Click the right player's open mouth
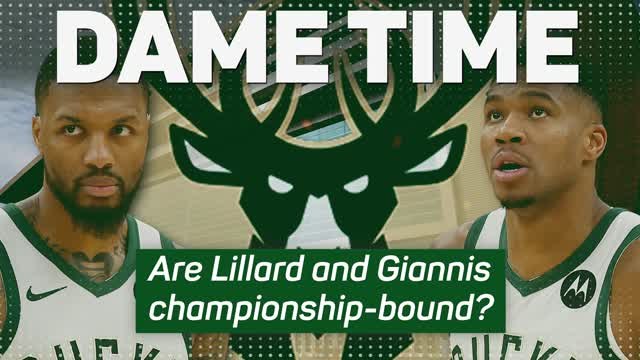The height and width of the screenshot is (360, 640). coord(511,166)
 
